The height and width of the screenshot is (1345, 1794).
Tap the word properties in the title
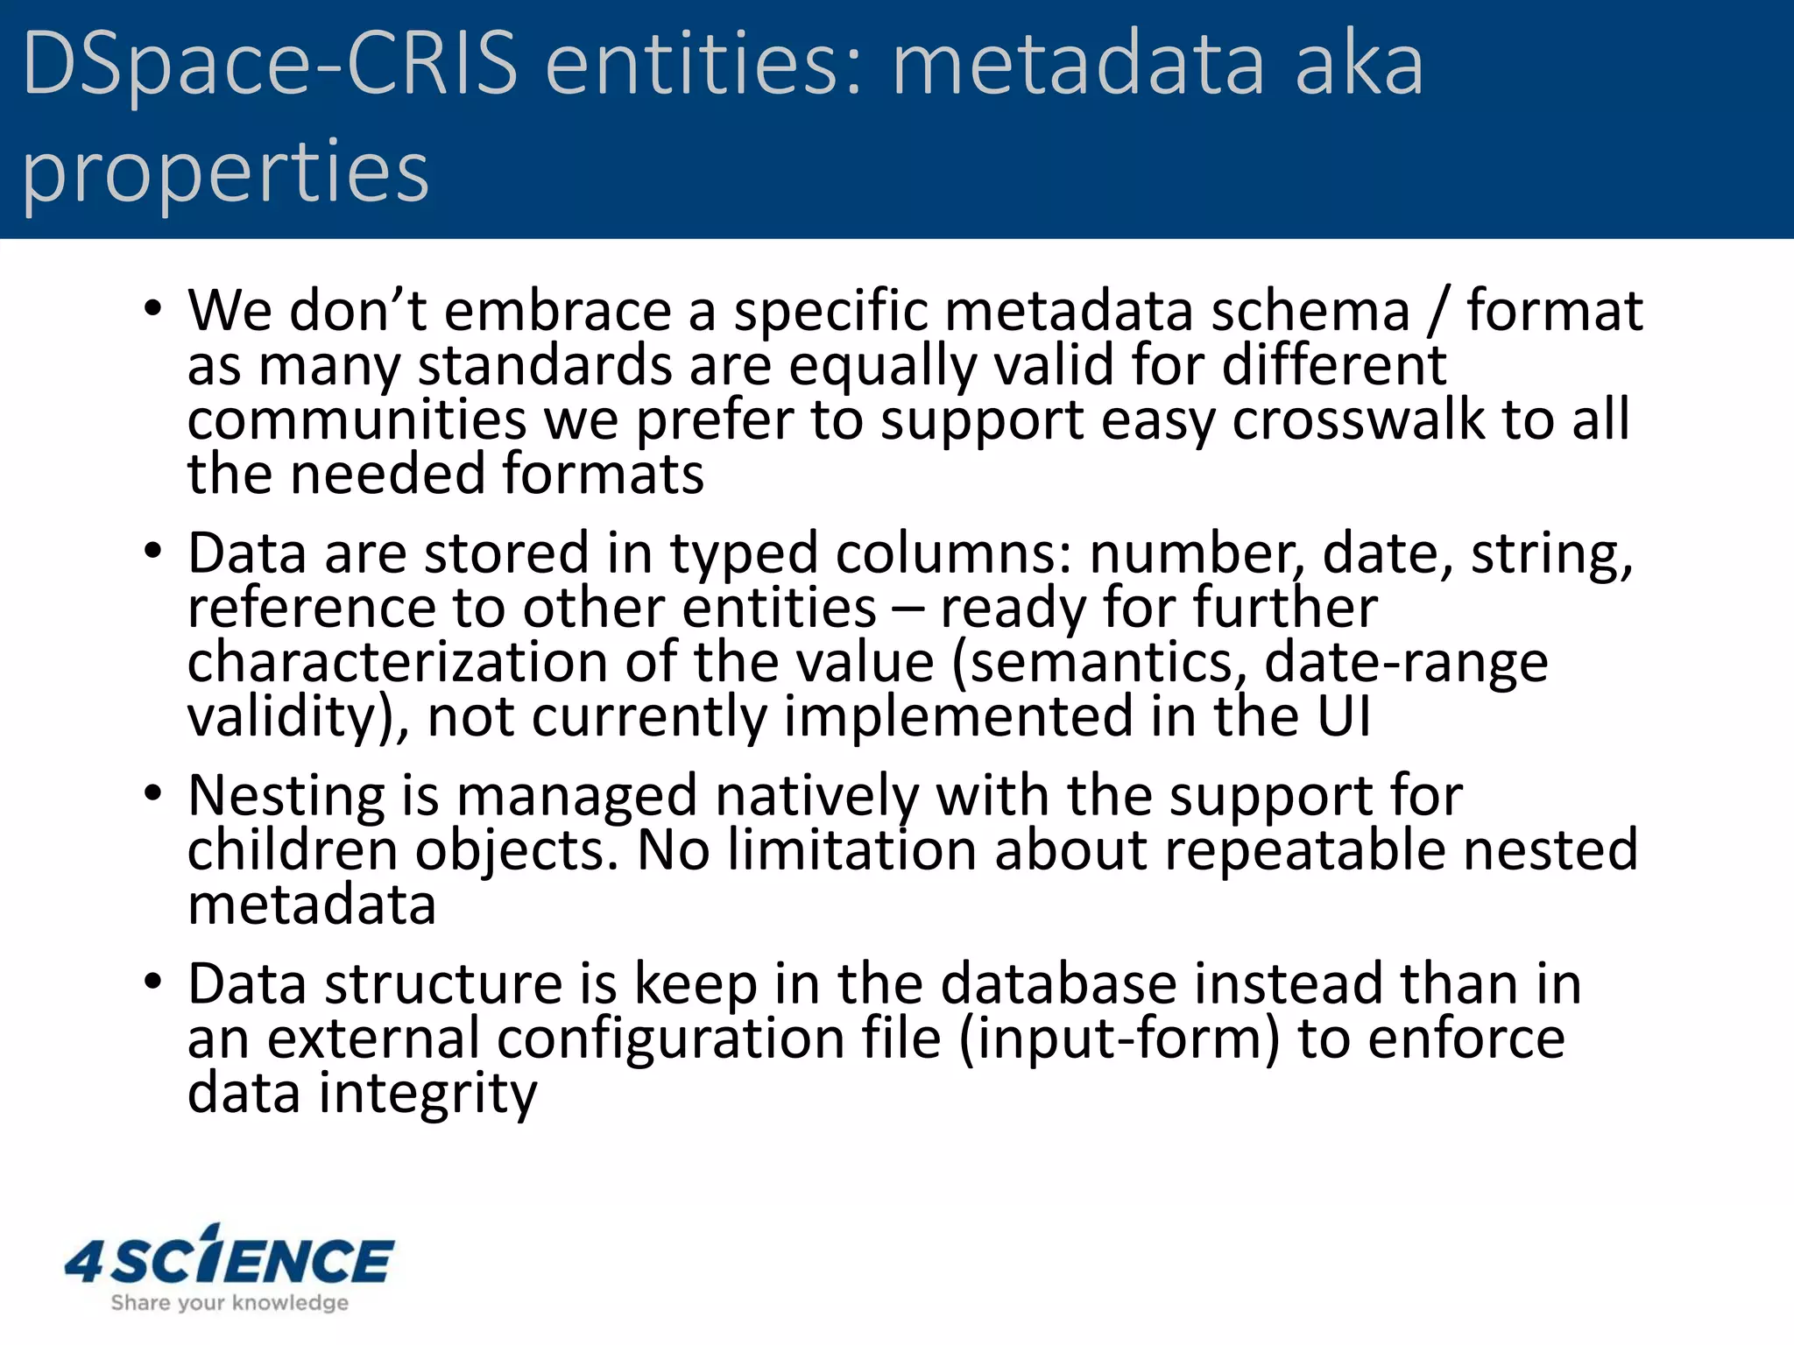click(225, 173)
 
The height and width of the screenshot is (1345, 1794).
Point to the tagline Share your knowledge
click(230, 1303)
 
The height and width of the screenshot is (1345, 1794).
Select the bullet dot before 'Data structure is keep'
click(153, 982)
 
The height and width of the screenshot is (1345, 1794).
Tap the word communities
click(357, 419)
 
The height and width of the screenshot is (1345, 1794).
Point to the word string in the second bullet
click(1550, 554)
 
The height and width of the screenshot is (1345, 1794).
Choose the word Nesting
click(286, 797)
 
